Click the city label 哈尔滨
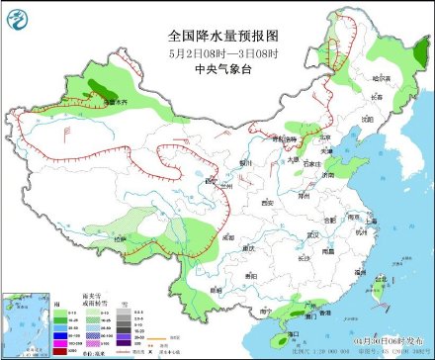[381, 77]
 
